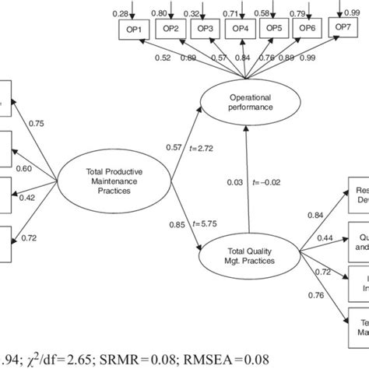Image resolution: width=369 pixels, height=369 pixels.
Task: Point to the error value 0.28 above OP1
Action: click(x=121, y=13)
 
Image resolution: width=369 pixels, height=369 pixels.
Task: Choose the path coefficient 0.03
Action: click(x=233, y=182)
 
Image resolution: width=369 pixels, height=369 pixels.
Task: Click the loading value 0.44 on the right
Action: click(x=326, y=237)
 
